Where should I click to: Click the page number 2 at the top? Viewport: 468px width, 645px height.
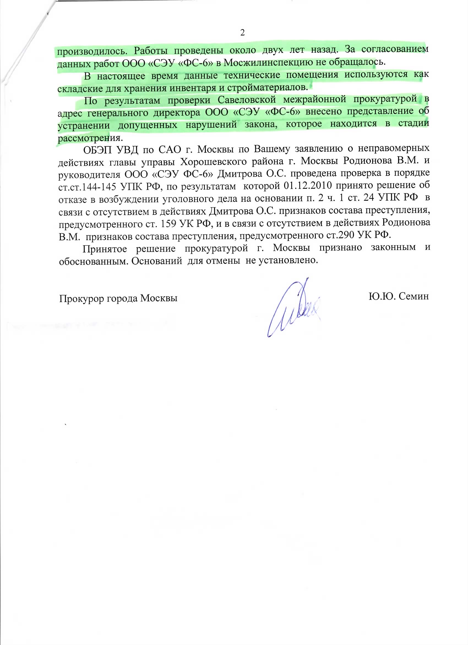242,33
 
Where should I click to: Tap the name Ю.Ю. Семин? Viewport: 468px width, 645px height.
398,296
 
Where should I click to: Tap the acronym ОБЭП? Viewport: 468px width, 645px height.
97,150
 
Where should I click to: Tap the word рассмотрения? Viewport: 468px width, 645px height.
90,138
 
